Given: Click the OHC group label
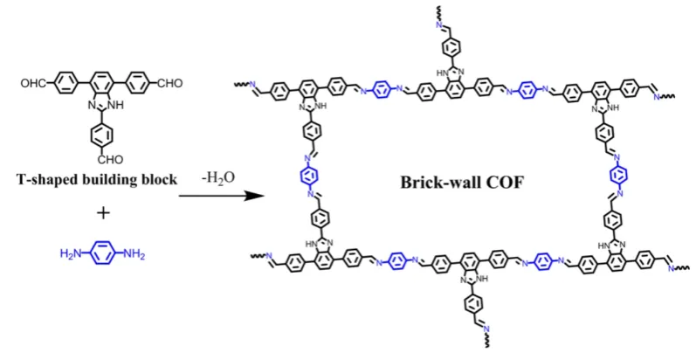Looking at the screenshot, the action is pyautogui.click(x=33, y=83).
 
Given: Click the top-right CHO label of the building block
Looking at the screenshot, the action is pyautogui.click(x=170, y=83).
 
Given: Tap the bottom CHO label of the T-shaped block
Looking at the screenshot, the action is pyautogui.click(x=111, y=159).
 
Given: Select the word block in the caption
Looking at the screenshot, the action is pyautogui.click(x=160, y=179).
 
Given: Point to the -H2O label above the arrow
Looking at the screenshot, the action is pyautogui.click(x=217, y=177).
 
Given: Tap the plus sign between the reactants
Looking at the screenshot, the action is pyautogui.click(x=103, y=213).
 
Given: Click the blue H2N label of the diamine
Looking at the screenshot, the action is pyautogui.click(x=71, y=254).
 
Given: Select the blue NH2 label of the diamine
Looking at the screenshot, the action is pyautogui.click(x=134, y=254).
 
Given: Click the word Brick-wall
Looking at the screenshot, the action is pyautogui.click(x=438, y=183).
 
